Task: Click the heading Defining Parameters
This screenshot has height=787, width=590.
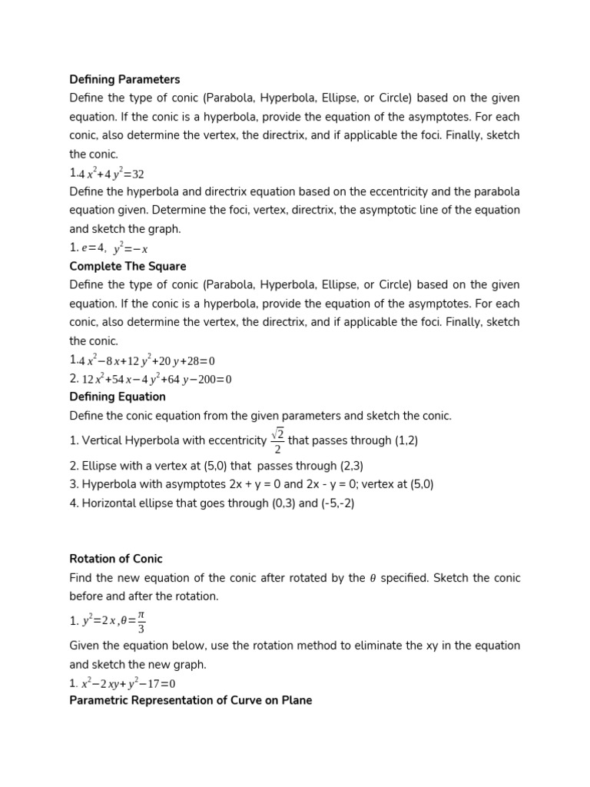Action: click(x=124, y=79)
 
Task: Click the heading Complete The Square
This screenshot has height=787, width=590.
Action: click(x=128, y=266)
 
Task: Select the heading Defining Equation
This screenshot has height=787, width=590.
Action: click(x=118, y=397)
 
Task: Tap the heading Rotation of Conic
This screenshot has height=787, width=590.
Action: click(x=116, y=559)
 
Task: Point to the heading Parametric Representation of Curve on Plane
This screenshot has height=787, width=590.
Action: click(x=191, y=700)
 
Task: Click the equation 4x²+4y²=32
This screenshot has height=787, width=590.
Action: click(x=111, y=174)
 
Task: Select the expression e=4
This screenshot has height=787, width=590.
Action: click(x=94, y=248)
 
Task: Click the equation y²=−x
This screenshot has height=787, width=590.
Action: click(x=131, y=248)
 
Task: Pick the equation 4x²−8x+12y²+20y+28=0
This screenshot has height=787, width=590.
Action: click(x=147, y=360)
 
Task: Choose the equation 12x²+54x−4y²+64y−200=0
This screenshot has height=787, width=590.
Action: click(x=157, y=379)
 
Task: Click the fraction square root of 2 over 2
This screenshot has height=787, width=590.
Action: click(x=277, y=441)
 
